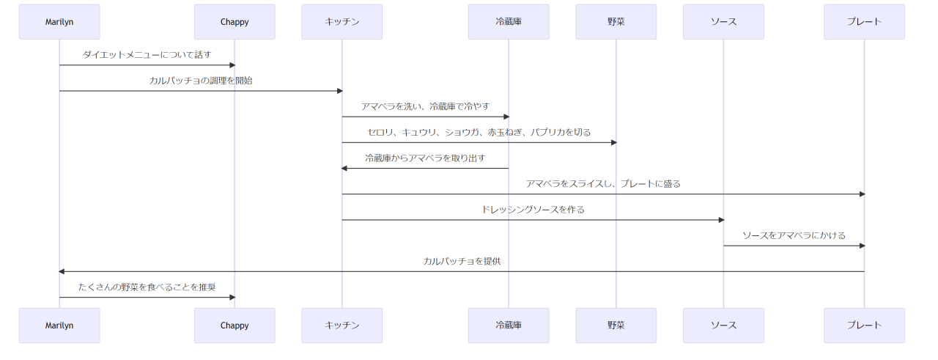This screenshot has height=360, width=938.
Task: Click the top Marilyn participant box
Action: coord(59,22)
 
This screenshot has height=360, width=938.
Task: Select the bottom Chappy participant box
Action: coord(234,326)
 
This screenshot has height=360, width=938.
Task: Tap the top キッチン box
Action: coord(341,22)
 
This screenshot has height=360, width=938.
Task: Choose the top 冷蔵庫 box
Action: coord(509,22)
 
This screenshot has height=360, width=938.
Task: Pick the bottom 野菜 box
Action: coord(616,326)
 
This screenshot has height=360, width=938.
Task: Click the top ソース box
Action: coord(723,22)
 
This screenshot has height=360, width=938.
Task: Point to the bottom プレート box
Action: coord(864,326)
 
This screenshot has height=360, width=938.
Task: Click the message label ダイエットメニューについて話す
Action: coord(147,55)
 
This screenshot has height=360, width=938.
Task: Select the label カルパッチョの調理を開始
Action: coord(201,81)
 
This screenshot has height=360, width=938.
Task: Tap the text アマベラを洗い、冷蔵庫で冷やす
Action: coord(425,106)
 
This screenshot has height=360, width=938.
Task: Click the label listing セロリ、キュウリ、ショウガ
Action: coord(479,132)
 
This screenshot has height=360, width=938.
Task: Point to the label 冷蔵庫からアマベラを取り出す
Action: coord(425,158)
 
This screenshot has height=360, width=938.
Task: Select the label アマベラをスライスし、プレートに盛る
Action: coord(602,184)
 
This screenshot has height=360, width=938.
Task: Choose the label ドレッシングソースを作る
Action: coord(533,210)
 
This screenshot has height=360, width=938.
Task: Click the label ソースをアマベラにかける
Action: coord(794,235)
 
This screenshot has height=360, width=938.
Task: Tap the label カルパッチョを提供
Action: coord(462,261)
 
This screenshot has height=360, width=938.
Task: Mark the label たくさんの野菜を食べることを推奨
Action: coord(147,287)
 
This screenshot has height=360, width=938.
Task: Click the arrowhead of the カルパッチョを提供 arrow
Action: coord(62,271)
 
